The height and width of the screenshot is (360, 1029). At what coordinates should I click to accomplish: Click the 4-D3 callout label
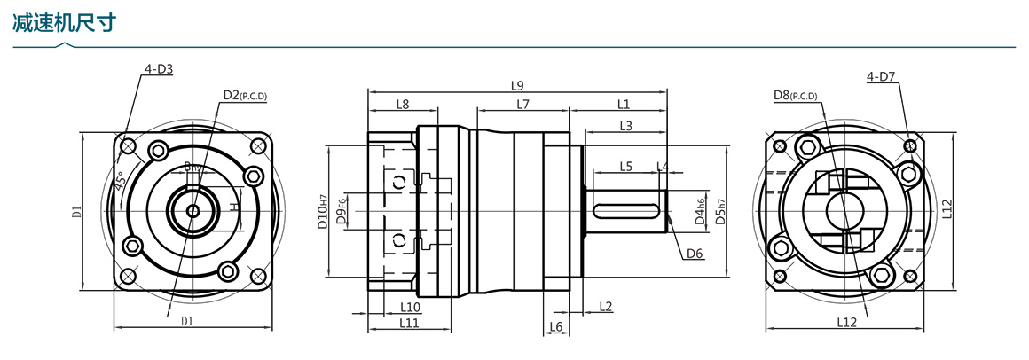click(158, 69)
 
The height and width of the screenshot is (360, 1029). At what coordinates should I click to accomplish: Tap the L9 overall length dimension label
click(517, 86)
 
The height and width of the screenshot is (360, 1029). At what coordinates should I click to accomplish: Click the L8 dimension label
click(402, 104)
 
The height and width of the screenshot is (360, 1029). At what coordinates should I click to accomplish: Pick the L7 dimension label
click(522, 104)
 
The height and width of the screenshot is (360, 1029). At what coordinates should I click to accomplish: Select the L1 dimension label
click(623, 104)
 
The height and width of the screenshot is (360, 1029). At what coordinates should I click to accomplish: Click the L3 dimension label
click(625, 126)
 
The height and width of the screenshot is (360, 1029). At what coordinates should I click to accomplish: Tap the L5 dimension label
click(625, 166)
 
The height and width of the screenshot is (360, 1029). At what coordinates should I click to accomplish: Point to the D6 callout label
click(695, 254)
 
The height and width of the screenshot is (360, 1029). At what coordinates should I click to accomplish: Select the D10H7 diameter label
click(323, 211)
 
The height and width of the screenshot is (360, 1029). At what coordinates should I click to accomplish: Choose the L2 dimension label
click(606, 307)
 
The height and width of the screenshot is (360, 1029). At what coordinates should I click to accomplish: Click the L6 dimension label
click(556, 327)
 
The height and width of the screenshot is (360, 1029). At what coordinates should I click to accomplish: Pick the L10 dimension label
click(410, 307)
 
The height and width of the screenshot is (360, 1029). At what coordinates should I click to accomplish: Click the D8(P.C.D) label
click(795, 95)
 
